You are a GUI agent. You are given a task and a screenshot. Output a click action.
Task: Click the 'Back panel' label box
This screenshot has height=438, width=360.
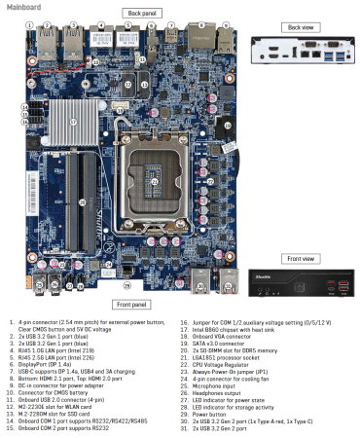click(138, 13)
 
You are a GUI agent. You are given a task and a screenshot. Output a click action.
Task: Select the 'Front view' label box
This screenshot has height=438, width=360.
click(300, 258)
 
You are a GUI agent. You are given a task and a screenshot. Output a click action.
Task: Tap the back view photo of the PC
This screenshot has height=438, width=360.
click(300, 49)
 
